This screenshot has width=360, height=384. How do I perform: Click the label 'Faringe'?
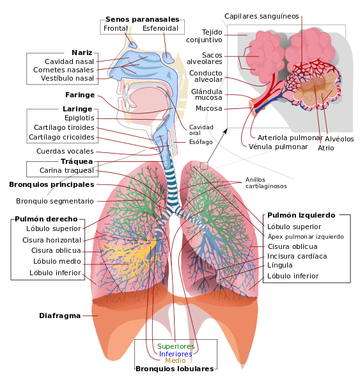point(80,95)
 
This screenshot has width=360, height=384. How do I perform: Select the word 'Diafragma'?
point(59,316)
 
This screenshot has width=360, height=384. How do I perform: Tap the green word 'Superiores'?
point(176,346)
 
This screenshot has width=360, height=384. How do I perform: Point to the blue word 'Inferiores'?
point(175,354)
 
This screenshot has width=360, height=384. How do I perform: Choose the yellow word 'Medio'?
point(175,360)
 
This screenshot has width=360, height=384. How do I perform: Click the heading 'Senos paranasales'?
point(143,19)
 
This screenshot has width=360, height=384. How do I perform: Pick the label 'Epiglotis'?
point(79,118)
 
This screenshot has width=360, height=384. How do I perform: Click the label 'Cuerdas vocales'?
point(65,151)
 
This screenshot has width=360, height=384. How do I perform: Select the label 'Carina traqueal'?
point(67,170)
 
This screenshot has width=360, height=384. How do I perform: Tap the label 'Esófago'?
point(201,142)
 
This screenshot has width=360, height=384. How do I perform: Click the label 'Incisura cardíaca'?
point(297,256)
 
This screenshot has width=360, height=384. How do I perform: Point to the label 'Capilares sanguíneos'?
point(262,16)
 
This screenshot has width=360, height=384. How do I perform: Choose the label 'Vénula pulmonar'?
point(278,147)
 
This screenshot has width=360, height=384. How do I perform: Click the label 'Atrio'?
point(325,148)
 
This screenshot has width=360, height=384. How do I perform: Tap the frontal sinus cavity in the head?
point(132,45)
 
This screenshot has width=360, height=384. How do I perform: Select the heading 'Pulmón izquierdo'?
point(301,215)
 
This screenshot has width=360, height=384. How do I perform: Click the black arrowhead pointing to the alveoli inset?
point(225,131)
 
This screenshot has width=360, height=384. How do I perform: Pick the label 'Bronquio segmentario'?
point(55,202)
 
